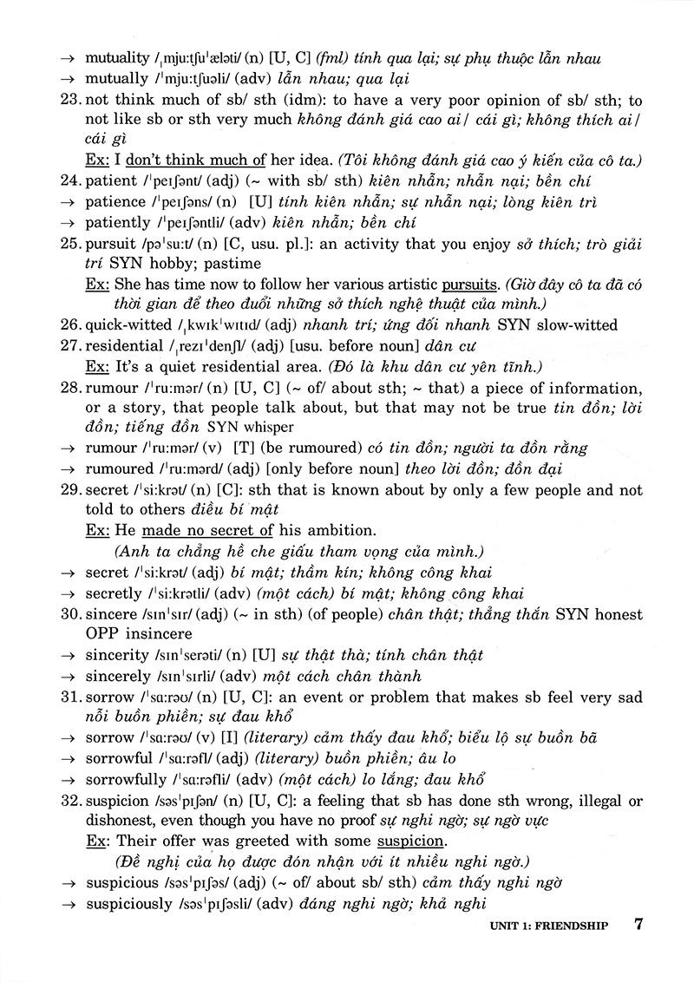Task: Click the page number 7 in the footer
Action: point(638,923)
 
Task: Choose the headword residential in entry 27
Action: point(125,344)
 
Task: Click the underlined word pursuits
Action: point(471,284)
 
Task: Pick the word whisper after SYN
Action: point(270,427)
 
